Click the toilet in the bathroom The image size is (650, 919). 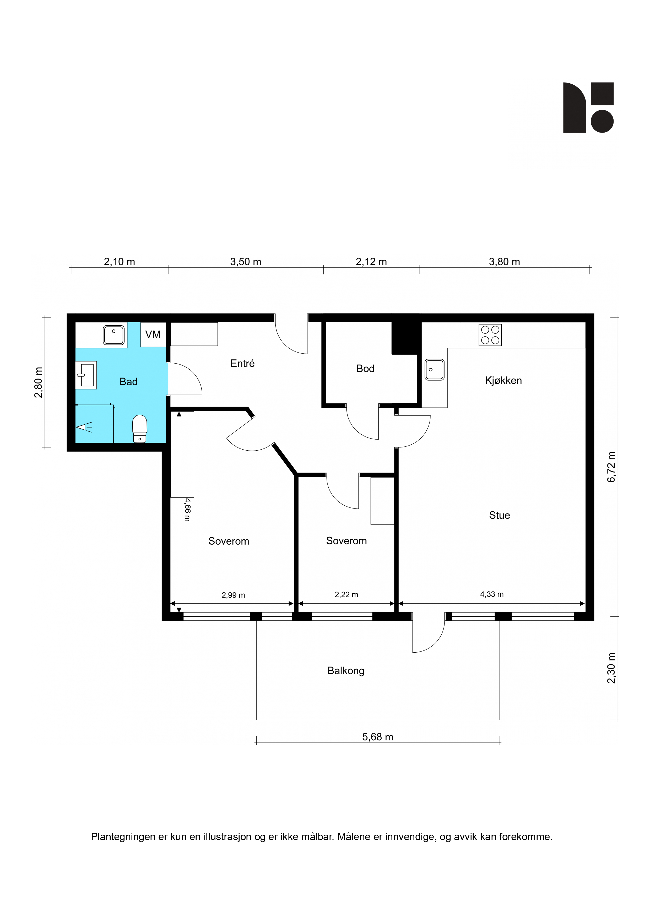point(139,428)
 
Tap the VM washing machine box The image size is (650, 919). point(153,334)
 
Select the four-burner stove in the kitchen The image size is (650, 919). point(490,335)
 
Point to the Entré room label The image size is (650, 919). point(242,363)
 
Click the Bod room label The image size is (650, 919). point(365,369)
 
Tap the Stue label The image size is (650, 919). point(499,515)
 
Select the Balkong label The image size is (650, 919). point(346,671)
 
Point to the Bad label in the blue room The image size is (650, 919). point(128,382)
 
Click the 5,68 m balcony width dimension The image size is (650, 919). point(378,737)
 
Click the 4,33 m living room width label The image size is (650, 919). point(492,594)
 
